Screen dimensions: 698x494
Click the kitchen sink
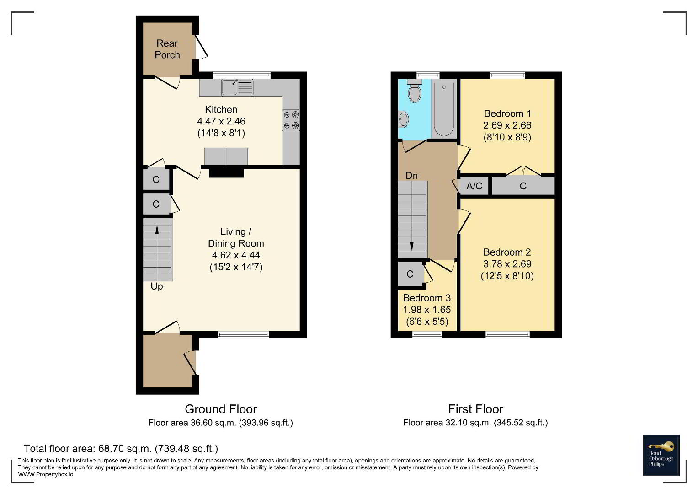(x=237, y=87)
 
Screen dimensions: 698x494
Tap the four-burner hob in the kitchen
(x=291, y=120)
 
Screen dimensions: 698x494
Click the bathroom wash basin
(x=403, y=119)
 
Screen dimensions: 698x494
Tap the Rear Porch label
(x=167, y=49)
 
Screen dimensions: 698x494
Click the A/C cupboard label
(x=474, y=186)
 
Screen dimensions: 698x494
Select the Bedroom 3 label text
(x=427, y=298)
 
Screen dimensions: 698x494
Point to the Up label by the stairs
(x=157, y=287)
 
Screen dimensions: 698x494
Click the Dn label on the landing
(x=412, y=176)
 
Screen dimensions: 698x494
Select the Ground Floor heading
(x=221, y=409)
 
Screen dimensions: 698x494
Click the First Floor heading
(x=475, y=409)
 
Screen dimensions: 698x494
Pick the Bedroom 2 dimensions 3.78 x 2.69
(x=507, y=264)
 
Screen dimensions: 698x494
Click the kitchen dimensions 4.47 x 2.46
(x=221, y=121)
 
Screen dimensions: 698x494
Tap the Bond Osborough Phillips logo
(x=661, y=455)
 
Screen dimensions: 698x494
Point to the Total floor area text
(x=121, y=448)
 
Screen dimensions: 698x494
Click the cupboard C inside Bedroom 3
(x=410, y=274)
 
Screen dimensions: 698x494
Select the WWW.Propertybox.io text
(x=46, y=474)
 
